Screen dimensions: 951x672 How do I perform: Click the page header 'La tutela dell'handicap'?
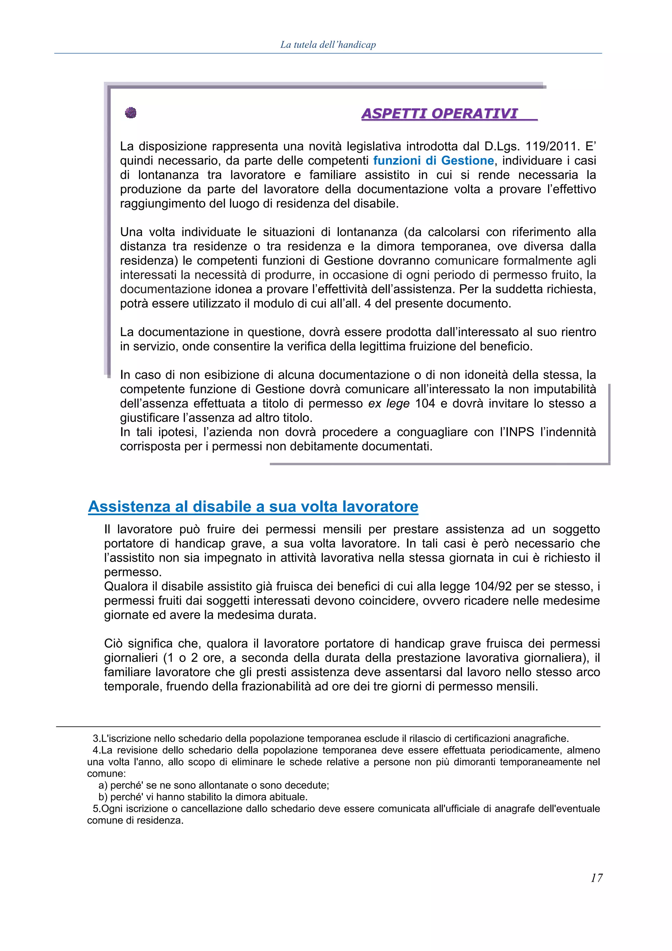pos(328,45)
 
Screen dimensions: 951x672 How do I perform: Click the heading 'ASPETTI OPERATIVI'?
pos(440,114)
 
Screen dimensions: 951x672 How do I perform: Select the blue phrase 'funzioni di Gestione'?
pos(433,161)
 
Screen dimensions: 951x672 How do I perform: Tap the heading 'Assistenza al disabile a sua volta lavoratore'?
pos(253,507)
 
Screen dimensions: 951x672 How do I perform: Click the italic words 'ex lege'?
pos(389,403)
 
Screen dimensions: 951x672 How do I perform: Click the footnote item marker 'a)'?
pos(103,785)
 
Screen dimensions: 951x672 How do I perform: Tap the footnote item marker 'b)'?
pos(103,797)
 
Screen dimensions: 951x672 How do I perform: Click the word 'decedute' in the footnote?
pos(308,785)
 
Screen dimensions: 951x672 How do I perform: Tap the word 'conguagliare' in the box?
pos(431,432)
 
